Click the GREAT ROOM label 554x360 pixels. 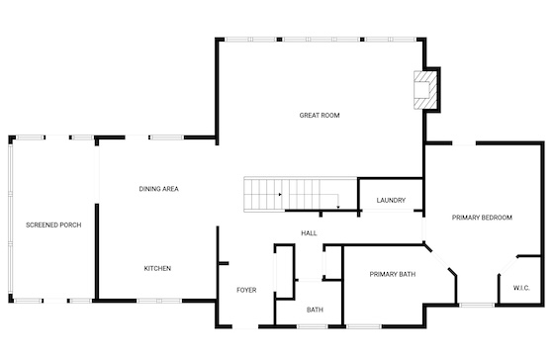320,115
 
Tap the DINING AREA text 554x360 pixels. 158,189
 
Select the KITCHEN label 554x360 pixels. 157,268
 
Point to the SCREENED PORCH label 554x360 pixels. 53,225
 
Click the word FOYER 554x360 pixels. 246,290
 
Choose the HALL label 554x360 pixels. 309,233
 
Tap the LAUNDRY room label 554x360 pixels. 391,201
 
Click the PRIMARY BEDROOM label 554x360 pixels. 482,218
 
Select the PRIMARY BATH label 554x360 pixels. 393,274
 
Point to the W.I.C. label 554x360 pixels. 521,288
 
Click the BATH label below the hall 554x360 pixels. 315,310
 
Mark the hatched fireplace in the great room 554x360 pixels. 425,90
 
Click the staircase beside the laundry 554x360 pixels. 301,194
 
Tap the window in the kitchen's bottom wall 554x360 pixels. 159,301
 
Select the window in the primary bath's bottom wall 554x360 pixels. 364,326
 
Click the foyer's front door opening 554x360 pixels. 245,326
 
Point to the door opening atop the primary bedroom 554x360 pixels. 464,143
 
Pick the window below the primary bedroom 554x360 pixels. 477,305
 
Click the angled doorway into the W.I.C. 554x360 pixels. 508,265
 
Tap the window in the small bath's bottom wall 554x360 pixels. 313,326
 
